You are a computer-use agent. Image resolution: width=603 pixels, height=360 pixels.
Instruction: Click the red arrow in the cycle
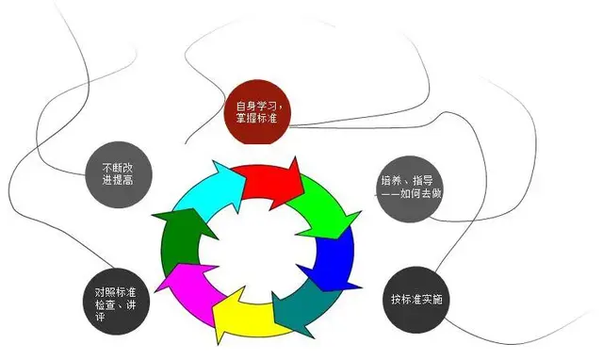pyautogui.click(x=269, y=178)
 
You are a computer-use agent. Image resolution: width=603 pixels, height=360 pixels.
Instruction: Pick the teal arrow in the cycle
pyautogui.click(x=301, y=306)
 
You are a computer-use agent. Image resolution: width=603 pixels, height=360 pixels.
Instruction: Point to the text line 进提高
pyautogui.click(x=115, y=179)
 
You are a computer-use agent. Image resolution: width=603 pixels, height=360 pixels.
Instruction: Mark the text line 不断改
pyautogui.click(x=115, y=166)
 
